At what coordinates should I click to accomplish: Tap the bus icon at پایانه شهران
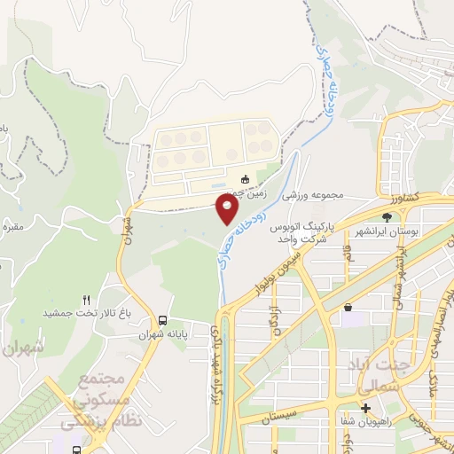click(161, 320)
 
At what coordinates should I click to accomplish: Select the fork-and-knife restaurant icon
click(86, 300)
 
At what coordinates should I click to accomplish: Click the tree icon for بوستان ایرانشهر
click(386, 216)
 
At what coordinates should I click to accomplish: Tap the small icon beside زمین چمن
click(246, 180)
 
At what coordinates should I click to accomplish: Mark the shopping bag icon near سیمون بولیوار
click(348, 308)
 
